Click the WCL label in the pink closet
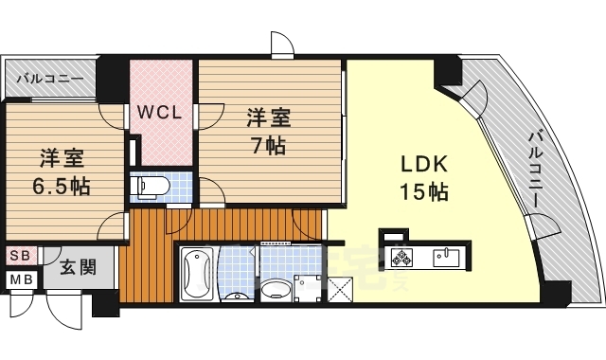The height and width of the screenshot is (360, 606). point(161,112)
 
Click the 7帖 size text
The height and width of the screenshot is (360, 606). point(269,147)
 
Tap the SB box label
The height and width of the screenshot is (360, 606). point(20,256)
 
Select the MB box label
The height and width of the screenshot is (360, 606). point(20,280)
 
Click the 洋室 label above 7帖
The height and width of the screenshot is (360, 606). point(269,118)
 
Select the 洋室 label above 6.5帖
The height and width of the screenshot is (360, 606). point(58,156)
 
